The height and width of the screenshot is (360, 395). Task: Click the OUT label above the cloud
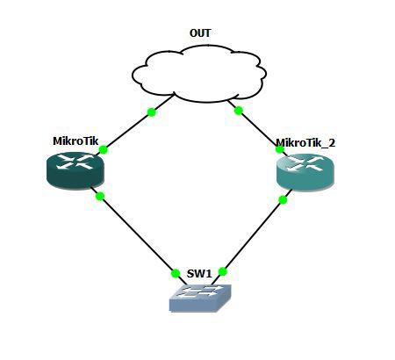point(200,33)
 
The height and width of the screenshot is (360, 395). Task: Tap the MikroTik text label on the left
point(75,140)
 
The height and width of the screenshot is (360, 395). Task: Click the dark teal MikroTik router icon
point(75,169)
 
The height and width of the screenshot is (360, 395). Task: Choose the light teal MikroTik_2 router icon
point(305,169)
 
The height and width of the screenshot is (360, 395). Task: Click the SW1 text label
point(198,274)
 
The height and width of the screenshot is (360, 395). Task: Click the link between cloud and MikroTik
point(128,131)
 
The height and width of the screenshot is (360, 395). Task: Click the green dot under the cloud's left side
point(152,112)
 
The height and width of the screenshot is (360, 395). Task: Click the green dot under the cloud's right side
point(238,111)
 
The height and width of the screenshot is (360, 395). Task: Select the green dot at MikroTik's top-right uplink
point(104,150)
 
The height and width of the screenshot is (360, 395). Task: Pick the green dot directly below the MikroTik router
point(100,196)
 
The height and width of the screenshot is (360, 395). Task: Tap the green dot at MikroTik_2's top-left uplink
point(280,149)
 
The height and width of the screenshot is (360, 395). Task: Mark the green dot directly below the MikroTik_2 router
point(283,199)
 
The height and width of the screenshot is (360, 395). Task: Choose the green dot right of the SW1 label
point(223,271)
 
